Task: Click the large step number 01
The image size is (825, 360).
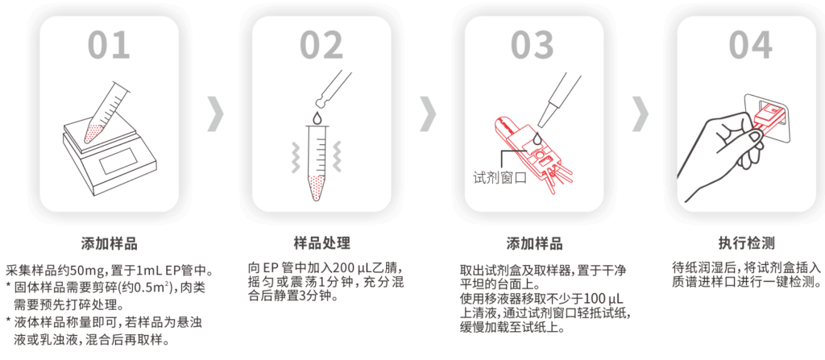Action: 109,44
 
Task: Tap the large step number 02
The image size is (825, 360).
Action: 321,44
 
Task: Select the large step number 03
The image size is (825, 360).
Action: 533,44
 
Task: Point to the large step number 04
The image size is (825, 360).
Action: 750,44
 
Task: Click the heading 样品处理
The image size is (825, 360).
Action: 321,243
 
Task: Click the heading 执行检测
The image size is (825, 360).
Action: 747,243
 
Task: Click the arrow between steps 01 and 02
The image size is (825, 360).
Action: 216,114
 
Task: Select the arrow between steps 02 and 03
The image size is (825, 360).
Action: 428,114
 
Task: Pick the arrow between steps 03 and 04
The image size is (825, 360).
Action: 640,114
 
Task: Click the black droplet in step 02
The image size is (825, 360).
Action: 317,118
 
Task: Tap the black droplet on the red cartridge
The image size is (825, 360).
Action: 536,139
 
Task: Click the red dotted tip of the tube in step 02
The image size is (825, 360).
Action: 317,188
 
